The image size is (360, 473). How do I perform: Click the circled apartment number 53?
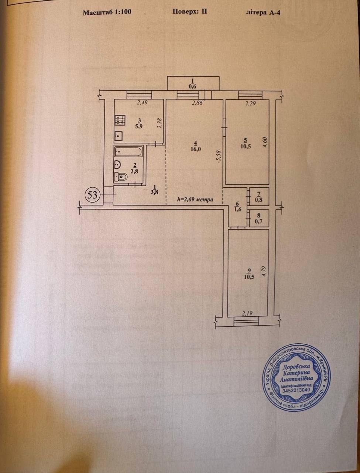click(93, 195)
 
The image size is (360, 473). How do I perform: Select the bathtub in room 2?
click(128, 152)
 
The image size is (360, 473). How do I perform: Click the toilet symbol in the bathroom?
click(121, 177)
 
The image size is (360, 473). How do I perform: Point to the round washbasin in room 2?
click(117, 165)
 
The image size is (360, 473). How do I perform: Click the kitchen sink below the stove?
click(119, 136)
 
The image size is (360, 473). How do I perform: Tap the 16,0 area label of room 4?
click(195, 149)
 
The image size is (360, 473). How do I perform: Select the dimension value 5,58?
click(219, 155)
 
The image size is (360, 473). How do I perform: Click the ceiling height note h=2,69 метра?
click(195, 200)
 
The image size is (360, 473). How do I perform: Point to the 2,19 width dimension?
click(247, 313)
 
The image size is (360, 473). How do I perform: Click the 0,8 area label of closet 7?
click(258, 200)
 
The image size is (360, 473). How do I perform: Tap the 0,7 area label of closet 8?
click(258, 221)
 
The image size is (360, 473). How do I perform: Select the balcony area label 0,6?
click(192, 86)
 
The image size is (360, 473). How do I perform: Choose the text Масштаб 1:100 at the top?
click(107, 12)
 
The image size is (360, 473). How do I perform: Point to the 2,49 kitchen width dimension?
click(142, 103)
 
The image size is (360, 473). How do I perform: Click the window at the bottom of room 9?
click(246, 322)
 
